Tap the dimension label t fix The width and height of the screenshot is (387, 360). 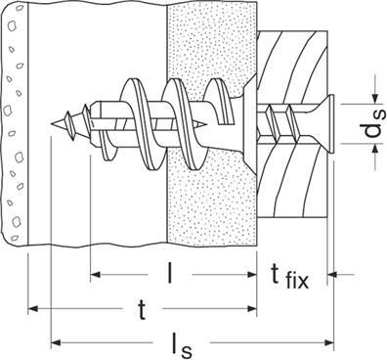pos(290,277)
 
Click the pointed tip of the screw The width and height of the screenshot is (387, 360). pos(52,124)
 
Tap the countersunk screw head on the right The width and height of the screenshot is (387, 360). pos(329,124)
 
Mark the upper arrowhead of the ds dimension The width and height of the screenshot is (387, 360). pos(375,99)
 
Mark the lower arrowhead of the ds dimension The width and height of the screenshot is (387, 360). pos(375,149)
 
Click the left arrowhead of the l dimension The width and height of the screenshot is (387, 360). pos(95,275)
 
